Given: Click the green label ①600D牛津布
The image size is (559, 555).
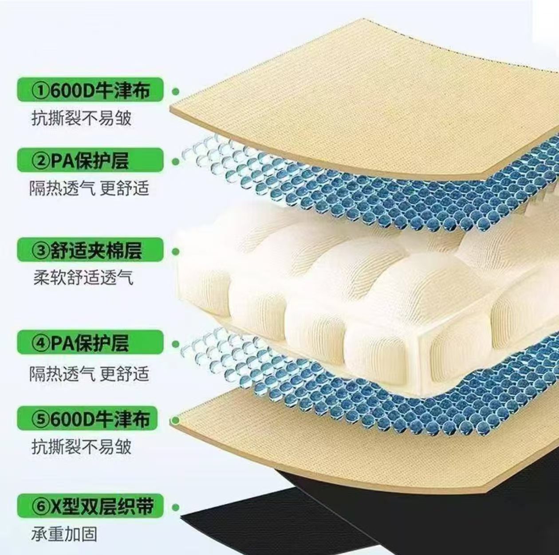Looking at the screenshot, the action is pos(90,91).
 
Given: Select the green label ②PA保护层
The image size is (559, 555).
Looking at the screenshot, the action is pos(90,160).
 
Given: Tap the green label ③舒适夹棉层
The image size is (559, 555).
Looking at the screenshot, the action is pos(90,251).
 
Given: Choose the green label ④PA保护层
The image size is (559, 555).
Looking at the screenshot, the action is pos(90,343).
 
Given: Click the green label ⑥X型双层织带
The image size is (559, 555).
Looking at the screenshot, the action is pos(90,506).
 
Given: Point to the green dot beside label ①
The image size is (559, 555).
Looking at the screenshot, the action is pos(176,91).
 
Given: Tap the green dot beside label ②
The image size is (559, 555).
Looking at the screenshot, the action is pos(176,161).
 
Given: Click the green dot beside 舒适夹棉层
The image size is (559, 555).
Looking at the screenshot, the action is pos(176,252).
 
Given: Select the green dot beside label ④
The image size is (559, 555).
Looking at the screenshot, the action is pos(176,344).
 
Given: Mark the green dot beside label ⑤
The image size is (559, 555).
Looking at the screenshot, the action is pos(176,420).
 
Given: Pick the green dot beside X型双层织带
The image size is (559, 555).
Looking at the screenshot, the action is pos(176,507).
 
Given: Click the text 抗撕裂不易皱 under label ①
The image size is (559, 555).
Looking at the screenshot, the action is pos(81,118).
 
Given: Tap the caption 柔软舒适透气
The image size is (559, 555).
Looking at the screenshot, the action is pos(83,278).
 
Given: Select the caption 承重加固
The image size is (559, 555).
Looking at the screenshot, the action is pos(64,534).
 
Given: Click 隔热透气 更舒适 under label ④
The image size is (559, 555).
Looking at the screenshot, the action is pos(89,374).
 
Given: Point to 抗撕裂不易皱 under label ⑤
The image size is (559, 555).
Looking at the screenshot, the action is pos(81,446).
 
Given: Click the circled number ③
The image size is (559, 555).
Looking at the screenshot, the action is pos(40,251).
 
